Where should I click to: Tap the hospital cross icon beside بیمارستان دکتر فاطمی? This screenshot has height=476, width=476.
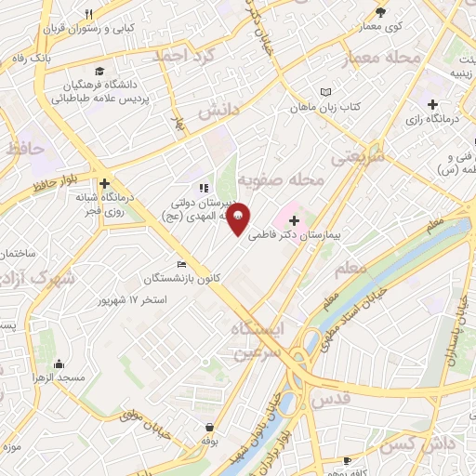(x=295, y=220)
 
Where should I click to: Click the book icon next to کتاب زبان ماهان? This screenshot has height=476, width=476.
(x=325, y=92)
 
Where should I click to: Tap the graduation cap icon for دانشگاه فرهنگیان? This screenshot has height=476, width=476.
(x=99, y=73)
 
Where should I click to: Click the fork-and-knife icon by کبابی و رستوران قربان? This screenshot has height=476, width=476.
(x=89, y=14)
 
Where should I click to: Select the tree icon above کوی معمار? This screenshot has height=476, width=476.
(x=380, y=12)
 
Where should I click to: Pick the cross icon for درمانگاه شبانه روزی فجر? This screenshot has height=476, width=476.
(x=105, y=184)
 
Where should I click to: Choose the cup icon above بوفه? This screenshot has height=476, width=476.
(x=211, y=429)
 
